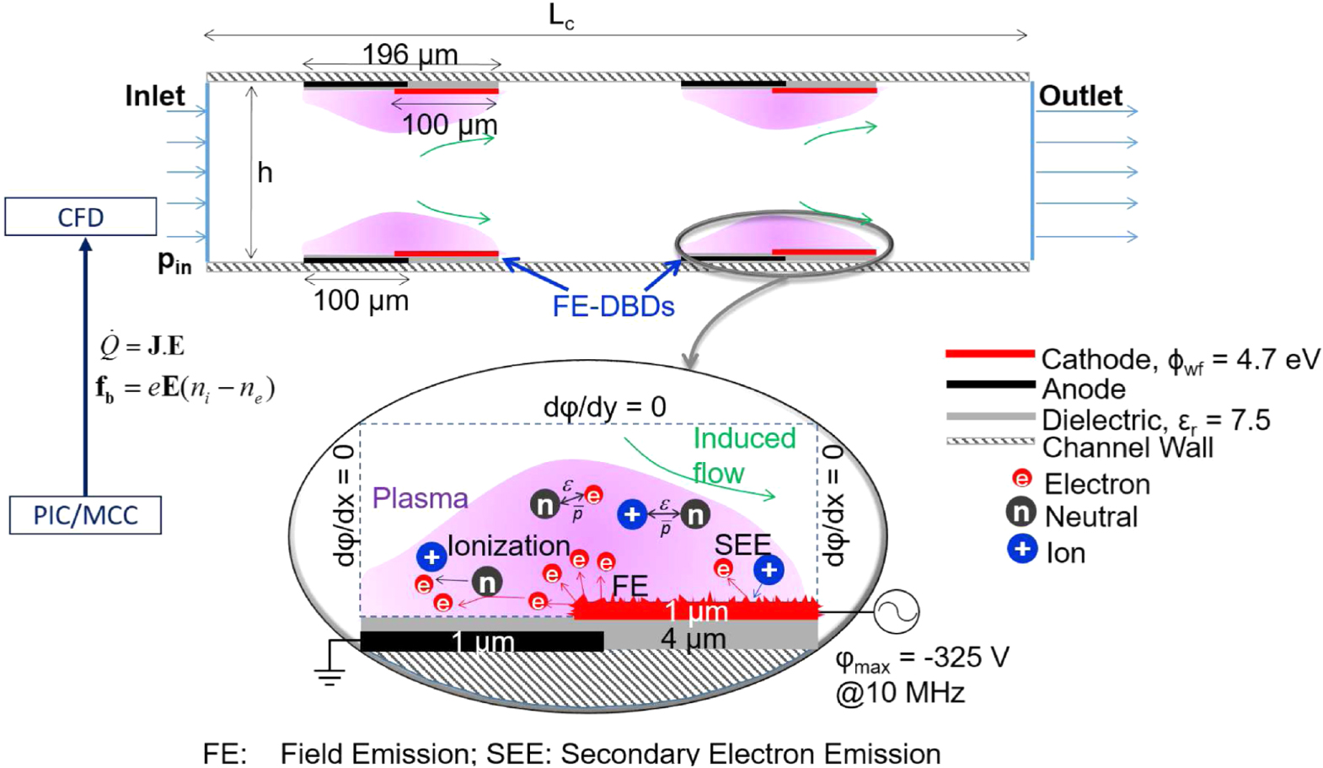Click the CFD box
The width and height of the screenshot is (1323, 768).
coord(81,217)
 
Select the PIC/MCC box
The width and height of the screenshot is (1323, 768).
coord(85,514)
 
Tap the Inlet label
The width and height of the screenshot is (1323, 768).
coord(154,96)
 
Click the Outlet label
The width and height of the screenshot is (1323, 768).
coord(1079,96)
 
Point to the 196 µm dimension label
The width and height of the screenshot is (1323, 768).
coord(410,56)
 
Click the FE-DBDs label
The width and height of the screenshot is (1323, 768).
coord(613,306)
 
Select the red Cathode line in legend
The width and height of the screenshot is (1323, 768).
coord(989,354)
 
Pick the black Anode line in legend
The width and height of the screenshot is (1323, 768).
coord(989,384)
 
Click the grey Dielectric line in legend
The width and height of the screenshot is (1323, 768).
coord(989,416)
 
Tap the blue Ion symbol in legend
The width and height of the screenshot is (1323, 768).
coord(1021,550)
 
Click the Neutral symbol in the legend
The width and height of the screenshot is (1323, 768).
coord(1020,512)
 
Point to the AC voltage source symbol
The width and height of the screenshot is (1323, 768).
coord(896,610)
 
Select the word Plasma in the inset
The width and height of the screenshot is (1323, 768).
coord(420,498)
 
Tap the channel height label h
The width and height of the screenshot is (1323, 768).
coord(265,173)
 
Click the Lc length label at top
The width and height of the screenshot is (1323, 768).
coord(561,16)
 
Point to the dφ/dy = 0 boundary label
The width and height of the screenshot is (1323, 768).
coord(604,407)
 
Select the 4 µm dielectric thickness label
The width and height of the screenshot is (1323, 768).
coord(693,638)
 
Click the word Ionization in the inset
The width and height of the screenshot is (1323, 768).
coord(508,546)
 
